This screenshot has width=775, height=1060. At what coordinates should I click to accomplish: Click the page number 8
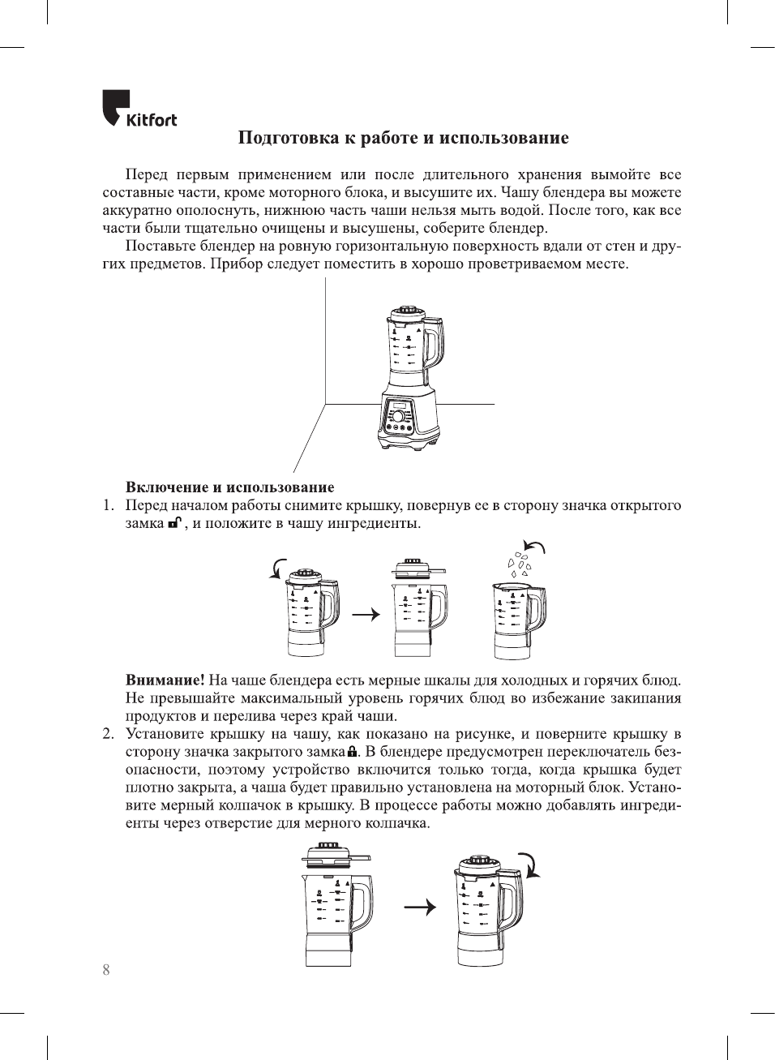(106, 970)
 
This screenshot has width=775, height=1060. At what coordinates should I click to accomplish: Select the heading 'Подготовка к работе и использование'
(403, 138)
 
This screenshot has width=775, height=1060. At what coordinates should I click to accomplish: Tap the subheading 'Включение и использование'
(229, 487)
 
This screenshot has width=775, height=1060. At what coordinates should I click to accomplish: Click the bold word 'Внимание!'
(165, 680)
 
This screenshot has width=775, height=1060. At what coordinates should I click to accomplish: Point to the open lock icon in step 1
(174, 523)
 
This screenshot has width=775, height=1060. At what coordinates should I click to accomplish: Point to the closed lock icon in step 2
(352, 752)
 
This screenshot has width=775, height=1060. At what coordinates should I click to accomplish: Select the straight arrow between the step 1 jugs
(366, 614)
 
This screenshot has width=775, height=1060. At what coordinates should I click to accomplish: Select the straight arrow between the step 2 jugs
(419, 907)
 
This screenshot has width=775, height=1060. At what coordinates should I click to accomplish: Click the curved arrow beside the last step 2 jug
(529, 865)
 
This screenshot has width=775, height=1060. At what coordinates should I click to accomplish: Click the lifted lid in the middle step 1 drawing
(417, 566)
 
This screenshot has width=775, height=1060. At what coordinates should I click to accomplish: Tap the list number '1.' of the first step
(108, 505)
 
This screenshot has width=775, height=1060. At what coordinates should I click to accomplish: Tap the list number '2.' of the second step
(108, 734)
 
